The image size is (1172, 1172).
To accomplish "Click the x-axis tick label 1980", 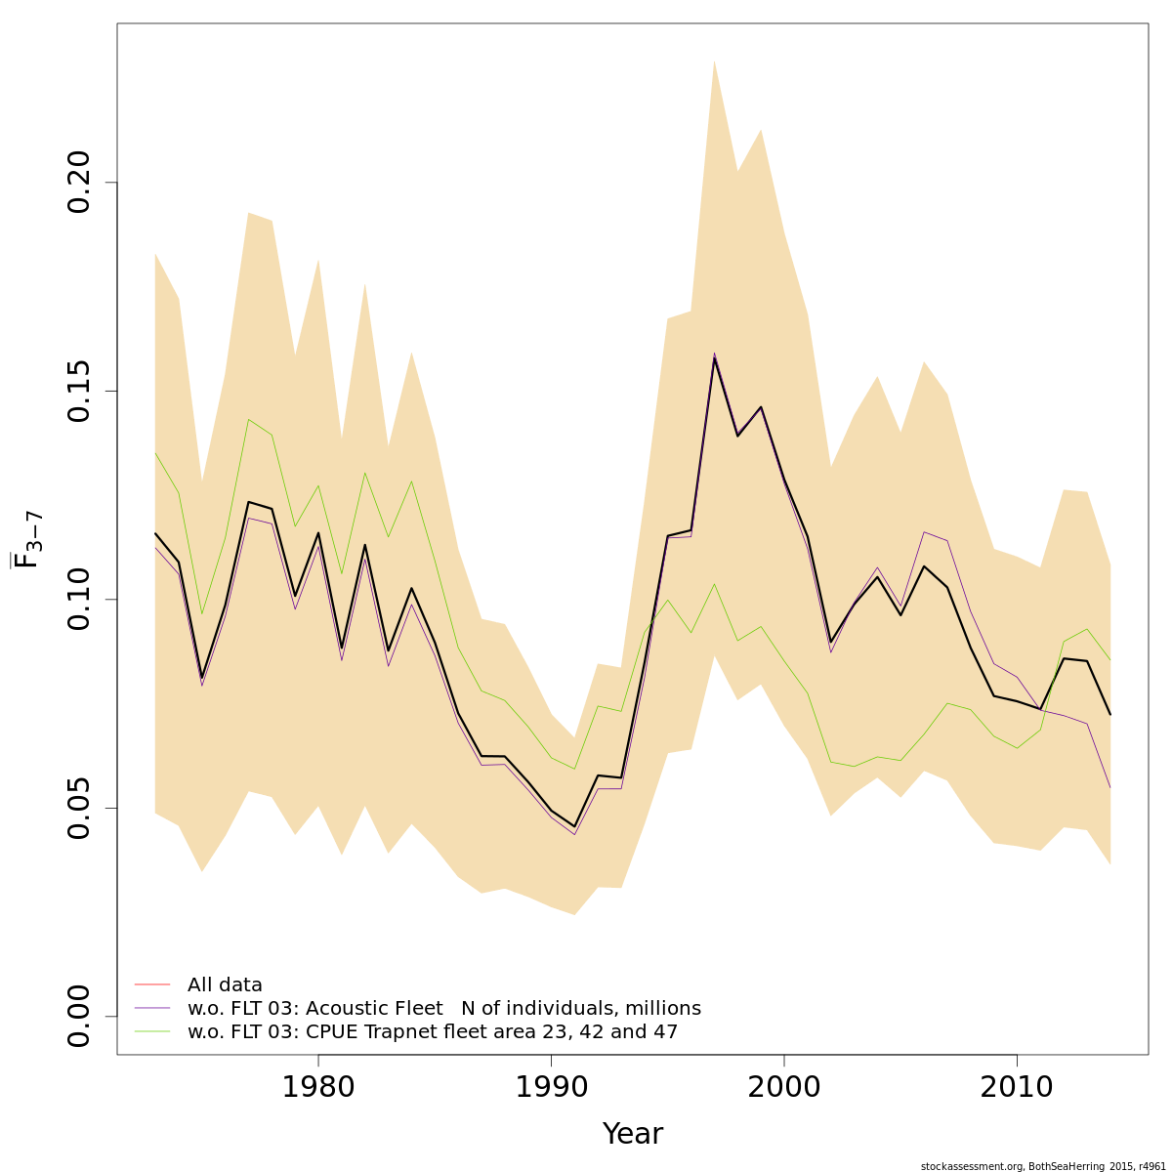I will (x=317, y=1087).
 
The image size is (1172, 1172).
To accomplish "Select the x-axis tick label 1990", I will (x=551, y=1087).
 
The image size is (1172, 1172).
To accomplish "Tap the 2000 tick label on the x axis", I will (x=784, y=1087).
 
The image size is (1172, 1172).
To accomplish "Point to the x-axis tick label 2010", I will (x=1017, y=1087).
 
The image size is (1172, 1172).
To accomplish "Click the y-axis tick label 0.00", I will (x=79, y=1016).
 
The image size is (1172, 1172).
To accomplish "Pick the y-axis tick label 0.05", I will (x=79, y=808).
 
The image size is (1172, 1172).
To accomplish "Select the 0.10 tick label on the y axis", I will (x=79, y=599).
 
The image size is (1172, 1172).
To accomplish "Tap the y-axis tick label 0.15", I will (x=79, y=391).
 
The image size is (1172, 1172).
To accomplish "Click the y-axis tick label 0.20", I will (x=79, y=183).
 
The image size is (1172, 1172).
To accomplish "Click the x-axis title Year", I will (x=632, y=1134).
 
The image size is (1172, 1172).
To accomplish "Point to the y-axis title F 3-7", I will (x=26, y=539).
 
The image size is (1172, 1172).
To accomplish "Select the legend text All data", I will (x=225, y=985).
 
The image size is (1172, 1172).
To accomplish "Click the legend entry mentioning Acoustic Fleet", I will (x=443, y=1009).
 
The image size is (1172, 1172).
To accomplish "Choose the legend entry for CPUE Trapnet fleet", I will (x=432, y=1032).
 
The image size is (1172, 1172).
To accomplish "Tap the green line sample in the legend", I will (x=152, y=1031).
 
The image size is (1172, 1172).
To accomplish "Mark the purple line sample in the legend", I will (x=152, y=1008).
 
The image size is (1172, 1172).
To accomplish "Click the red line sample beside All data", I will (x=152, y=984).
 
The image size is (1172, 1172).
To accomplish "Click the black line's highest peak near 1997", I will (x=714, y=358).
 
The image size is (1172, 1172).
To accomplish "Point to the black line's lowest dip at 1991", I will (x=574, y=826).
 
